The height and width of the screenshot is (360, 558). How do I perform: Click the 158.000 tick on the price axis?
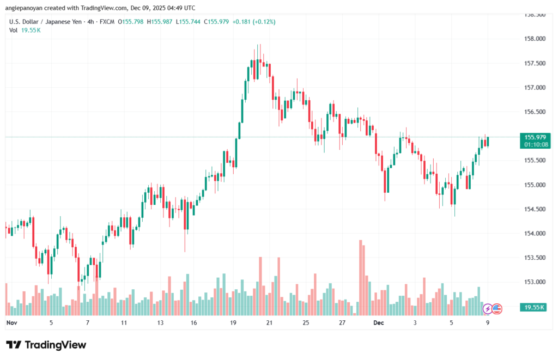(533, 39)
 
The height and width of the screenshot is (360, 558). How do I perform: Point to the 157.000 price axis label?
(533, 88)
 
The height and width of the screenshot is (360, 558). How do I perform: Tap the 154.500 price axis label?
(533, 209)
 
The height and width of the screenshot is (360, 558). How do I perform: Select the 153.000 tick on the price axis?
(533, 282)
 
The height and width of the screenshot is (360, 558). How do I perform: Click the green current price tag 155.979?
(535, 137)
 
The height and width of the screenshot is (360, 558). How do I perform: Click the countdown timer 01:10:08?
(535, 145)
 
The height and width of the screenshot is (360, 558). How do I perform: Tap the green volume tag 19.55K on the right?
(534, 308)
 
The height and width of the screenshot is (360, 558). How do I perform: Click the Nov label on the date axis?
(11, 322)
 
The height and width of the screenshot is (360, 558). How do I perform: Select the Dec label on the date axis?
(379, 322)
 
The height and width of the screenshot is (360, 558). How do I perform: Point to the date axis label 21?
(269, 322)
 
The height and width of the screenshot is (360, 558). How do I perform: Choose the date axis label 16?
(193, 322)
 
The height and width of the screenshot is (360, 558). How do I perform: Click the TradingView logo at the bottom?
(46, 345)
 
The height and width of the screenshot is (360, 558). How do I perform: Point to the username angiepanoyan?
(25, 8)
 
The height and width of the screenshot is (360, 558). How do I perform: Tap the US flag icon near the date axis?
(496, 309)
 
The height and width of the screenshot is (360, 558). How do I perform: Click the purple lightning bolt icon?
(488, 309)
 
